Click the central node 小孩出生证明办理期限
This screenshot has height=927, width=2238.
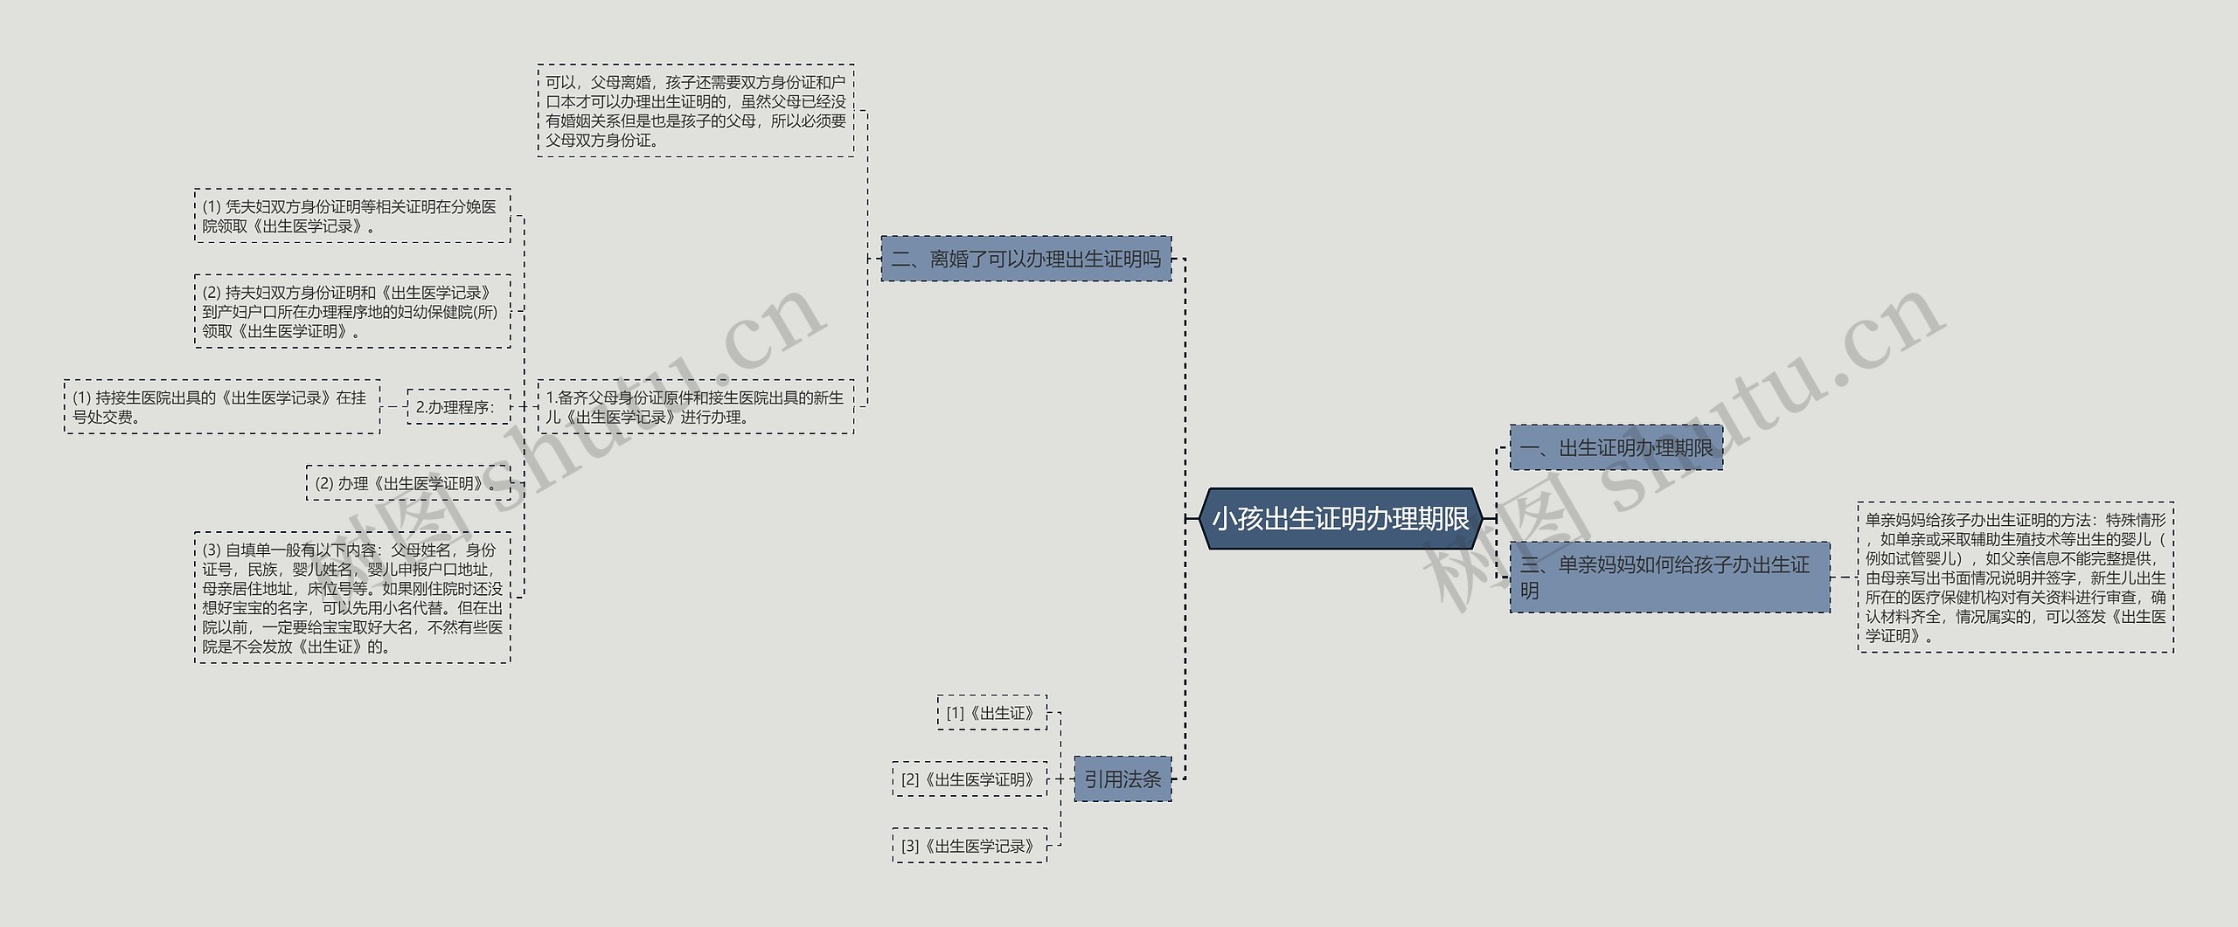point(1340,519)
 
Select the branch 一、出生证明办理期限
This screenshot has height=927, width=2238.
point(1616,448)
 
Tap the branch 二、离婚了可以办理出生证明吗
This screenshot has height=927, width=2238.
point(1025,259)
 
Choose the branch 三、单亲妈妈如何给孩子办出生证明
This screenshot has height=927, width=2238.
point(1669,578)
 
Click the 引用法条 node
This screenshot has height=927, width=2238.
point(1122,779)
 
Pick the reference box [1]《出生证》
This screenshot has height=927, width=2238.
point(991,713)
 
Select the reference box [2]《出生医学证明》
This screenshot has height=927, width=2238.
point(969,779)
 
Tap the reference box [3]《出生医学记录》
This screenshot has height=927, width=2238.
point(969,846)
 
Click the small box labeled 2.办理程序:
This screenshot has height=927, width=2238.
point(458,407)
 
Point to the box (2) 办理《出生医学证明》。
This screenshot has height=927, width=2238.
point(407,483)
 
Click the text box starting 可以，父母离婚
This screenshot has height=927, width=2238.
point(696,111)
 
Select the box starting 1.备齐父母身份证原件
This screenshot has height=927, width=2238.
point(696,407)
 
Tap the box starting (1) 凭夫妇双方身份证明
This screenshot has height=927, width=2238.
point(352,216)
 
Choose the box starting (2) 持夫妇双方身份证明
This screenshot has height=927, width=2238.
point(352,312)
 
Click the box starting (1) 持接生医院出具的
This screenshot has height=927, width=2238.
point(222,407)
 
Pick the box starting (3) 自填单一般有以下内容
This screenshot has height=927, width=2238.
point(352,598)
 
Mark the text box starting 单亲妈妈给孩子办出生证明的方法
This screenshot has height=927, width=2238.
point(2015,578)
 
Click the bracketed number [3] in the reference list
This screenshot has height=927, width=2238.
point(910,846)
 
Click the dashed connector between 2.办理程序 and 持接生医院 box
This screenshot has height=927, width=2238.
point(393,407)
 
